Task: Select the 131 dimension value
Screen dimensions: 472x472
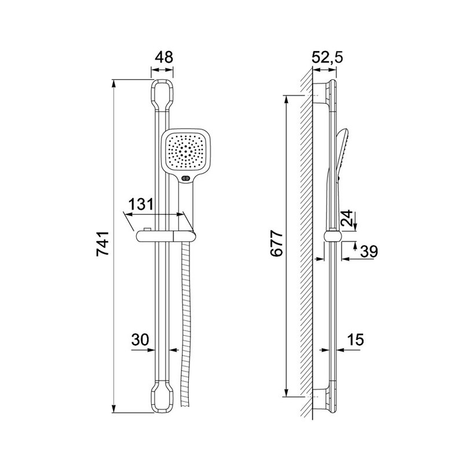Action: coord(141,204)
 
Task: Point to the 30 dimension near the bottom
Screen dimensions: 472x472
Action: coord(140,339)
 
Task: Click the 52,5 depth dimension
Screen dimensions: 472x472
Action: coord(327,57)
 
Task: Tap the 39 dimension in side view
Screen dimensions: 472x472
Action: coord(368,251)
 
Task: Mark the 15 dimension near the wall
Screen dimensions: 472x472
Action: coord(356,339)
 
